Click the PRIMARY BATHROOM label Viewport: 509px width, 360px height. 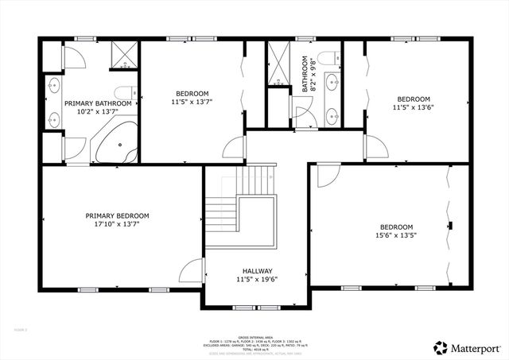98,103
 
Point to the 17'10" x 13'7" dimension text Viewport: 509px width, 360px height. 117,224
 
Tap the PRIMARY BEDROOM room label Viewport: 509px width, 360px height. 117,215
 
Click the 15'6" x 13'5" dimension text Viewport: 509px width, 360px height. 396,235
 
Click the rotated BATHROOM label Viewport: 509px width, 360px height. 304,73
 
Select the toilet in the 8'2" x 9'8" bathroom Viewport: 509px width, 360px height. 336,58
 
